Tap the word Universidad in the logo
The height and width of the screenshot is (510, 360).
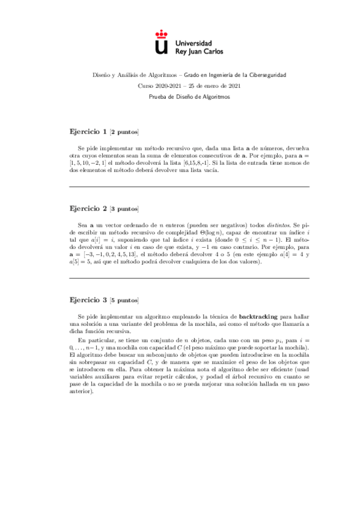coord(192,43)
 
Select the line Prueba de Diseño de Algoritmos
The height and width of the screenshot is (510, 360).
coord(180,97)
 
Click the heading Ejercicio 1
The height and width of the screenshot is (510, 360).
coord(88,131)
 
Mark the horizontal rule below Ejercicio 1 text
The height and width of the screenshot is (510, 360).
coord(189,187)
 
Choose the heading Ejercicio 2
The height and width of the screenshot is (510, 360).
coord(88,208)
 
